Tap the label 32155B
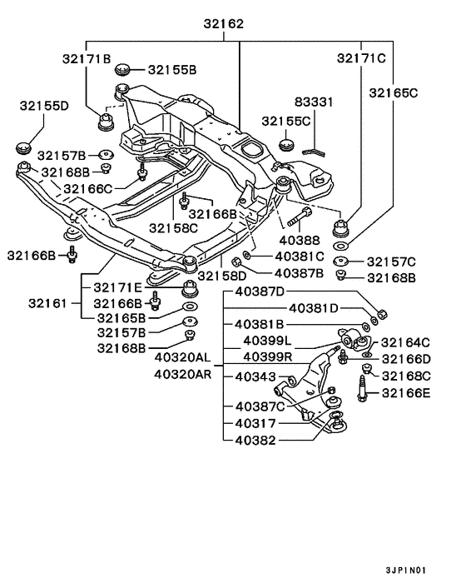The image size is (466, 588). [x=171, y=70]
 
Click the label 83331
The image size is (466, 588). [x=314, y=102]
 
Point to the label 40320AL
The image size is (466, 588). [x=183, y=358]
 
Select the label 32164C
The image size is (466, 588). [x=405, y=342]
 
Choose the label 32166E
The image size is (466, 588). [x=406, y=392]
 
